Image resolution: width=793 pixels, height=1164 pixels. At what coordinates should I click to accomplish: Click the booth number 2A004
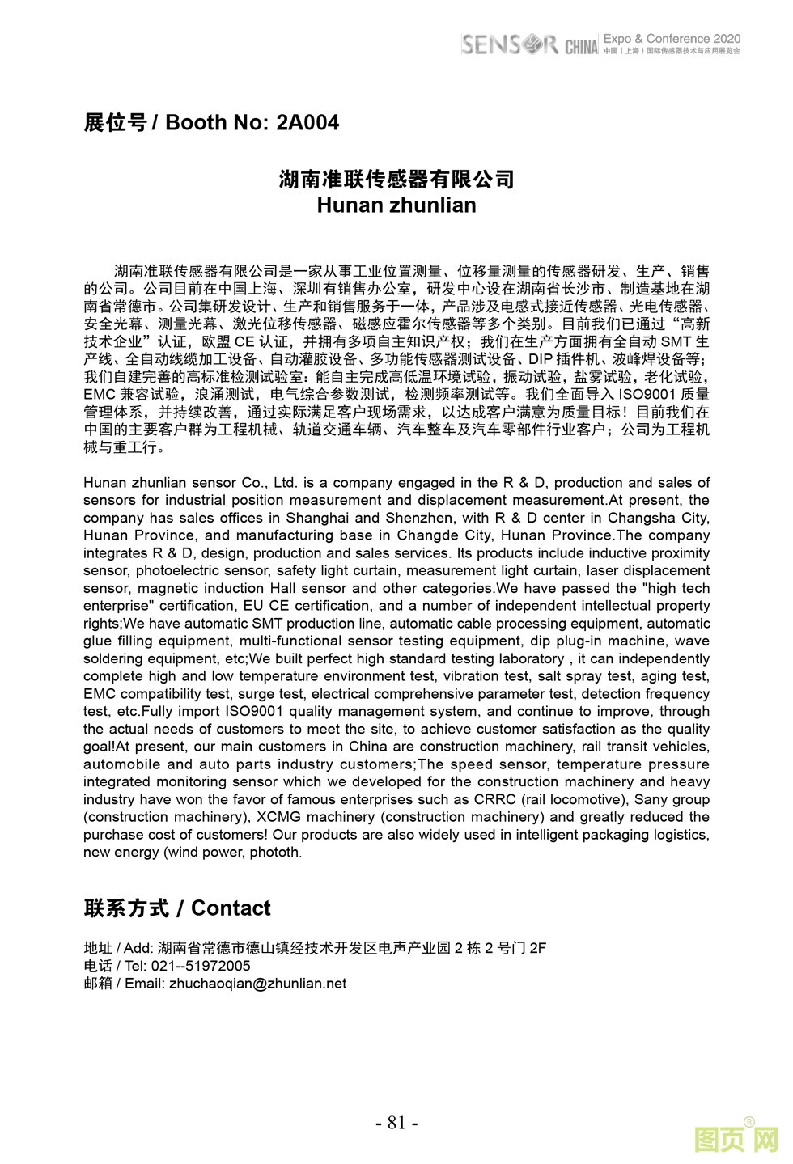pos(307,123)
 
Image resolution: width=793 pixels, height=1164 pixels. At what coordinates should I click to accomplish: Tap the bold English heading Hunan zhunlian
pos(396,205)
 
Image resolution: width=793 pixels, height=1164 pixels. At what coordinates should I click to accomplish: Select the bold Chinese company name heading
pos(396,179)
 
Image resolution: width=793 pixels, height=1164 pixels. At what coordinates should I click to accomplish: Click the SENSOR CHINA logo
pos(529,44)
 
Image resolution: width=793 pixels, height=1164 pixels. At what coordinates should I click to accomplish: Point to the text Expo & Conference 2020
pos(672,38)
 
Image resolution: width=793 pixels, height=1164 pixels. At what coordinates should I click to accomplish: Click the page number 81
pos(396,1123)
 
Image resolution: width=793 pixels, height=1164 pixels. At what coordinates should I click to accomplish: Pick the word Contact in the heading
pos(231,908)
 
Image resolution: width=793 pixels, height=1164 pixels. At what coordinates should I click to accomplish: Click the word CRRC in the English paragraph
pos(495,799)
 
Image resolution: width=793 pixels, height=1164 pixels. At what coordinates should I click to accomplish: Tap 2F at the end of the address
pos(537,948)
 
